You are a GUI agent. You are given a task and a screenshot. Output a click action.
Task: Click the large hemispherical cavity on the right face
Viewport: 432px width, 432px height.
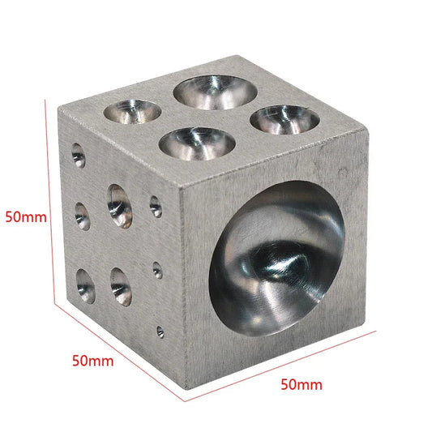coord(276,259)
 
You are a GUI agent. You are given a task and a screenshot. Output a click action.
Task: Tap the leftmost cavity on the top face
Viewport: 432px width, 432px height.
coord(133,111)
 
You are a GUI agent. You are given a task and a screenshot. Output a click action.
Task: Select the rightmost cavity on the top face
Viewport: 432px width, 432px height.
coord(284,120)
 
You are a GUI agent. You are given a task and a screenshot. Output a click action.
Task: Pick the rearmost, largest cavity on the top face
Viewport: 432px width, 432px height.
coord(216,92)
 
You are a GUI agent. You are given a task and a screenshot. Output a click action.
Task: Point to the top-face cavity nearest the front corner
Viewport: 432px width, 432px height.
coord(197,143)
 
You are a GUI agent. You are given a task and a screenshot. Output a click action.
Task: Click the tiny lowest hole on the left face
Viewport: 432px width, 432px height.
coord(160,331)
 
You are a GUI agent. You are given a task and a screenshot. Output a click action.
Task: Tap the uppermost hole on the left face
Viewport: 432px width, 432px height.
coord(79,156)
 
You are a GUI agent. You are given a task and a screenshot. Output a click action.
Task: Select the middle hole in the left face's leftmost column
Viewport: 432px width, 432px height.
coord(83,216)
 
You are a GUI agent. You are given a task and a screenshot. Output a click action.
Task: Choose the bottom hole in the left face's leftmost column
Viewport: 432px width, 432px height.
coord(86,286)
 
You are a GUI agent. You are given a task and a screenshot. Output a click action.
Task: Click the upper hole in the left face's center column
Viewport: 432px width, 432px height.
coord(120,207)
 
